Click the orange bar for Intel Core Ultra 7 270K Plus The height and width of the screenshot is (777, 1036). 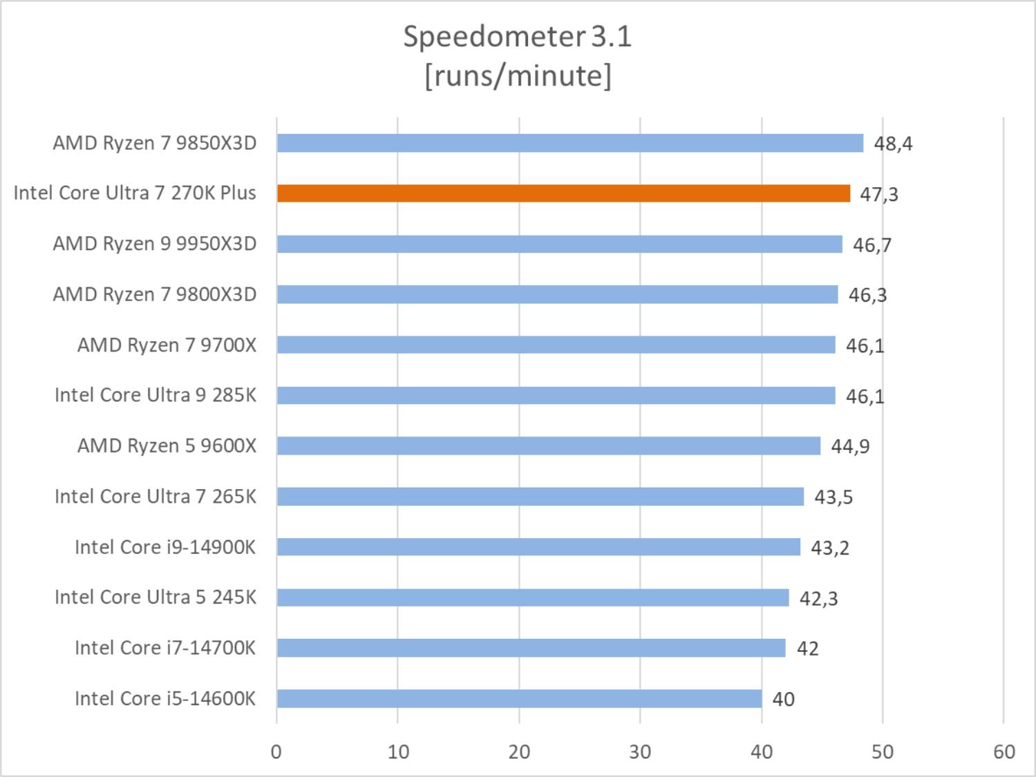tap(563, 193)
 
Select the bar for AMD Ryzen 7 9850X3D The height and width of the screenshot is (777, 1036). tap(570, 143)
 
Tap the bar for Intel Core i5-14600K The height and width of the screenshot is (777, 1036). tap(519, 698)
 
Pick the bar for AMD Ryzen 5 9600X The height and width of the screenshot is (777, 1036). tap(548, 445)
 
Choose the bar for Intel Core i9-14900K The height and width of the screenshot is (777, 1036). tap(538, 547)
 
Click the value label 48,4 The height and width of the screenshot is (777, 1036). tap(893, 144)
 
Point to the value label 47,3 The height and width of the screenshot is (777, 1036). tap(878, 194)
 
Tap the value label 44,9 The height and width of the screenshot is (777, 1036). tap(850, 446)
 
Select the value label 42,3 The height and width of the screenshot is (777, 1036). tap(818, 598)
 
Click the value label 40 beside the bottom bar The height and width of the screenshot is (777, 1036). tap(783, 699)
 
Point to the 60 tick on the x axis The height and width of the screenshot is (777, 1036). tap(1004, 751)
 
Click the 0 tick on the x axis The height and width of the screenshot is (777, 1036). tap(276, 751)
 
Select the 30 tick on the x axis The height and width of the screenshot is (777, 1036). tap(640, 751)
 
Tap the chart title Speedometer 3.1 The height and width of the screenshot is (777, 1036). tap(518, 37)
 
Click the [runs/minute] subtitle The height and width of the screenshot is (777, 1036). tap(518, 75)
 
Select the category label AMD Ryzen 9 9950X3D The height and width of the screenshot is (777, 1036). tap(155, 244)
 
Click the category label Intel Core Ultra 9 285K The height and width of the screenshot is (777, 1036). tap(156, 395)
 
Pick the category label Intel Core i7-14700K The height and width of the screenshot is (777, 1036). tap(165, 648)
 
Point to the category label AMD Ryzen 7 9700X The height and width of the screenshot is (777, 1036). tap(167, 345)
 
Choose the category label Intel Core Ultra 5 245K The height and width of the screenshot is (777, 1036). tap(156, 597)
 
